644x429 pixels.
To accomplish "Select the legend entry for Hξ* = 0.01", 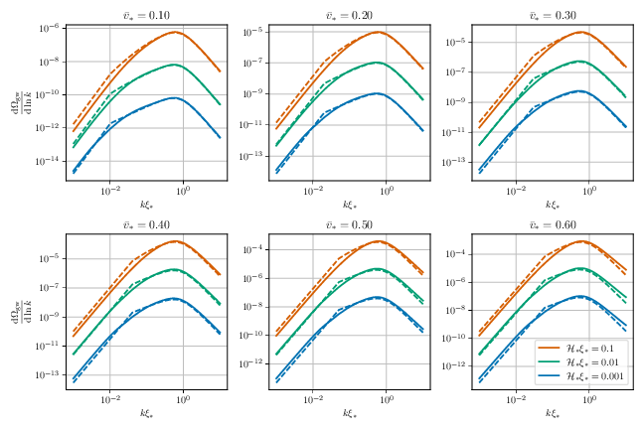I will coord(586,363).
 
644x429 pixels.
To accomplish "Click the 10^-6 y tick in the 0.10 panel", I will coord(52,29).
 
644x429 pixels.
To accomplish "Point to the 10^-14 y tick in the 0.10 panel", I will coord(50,162).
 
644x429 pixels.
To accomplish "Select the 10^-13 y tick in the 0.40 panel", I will coord(50,375).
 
